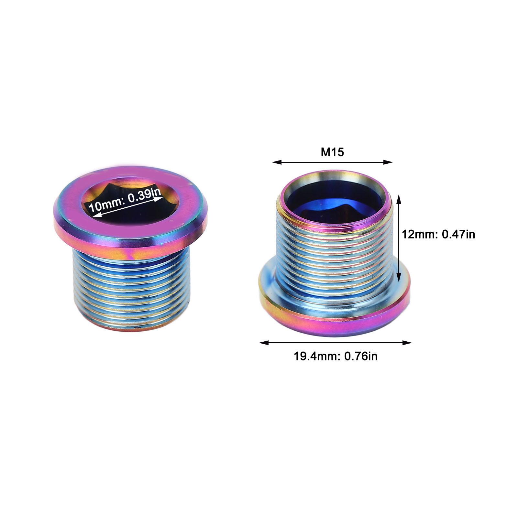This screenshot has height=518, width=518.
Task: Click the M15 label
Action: point(332,152)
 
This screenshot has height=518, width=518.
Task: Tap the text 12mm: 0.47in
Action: point(438,234)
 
